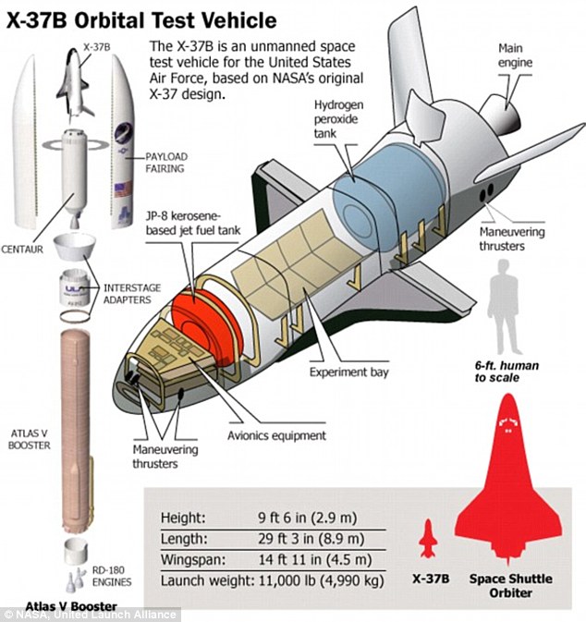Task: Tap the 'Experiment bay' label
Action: coord(348,372)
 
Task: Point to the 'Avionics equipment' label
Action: coord(276,435)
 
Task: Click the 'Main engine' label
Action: coord(516,55)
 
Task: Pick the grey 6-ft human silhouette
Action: coord(506,307)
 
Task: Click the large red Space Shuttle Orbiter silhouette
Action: coord(508,478)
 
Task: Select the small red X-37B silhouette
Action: coord(429,538)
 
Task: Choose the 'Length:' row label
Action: coord(184,539)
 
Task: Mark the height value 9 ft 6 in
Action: coord(283,518)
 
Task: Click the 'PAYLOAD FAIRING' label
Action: coord(166,163)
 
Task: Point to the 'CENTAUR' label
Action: coord(22,250)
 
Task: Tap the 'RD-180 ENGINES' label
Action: coord(112,577)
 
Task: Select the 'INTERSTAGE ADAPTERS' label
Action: coord(132,294)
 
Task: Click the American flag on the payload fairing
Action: coord(123,189)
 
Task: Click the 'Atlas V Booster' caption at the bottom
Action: coord(71,606)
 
